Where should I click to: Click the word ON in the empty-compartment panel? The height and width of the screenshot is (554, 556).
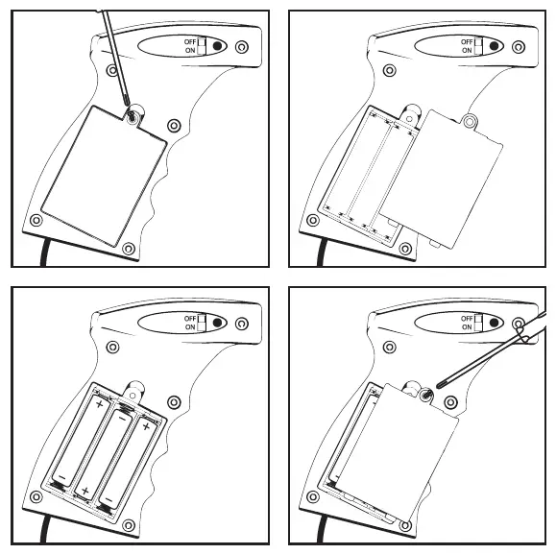coord(468,51)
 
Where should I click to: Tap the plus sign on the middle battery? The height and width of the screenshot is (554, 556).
coord(85,492)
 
